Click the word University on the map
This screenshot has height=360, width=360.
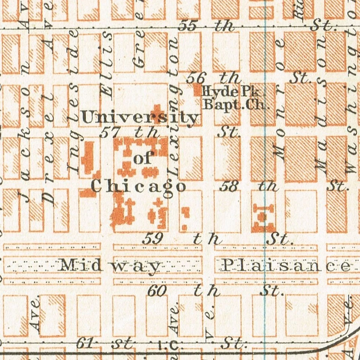coord(139,118)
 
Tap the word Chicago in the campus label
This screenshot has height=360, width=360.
coord(138,186)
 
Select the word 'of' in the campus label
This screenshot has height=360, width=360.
coord(143,159)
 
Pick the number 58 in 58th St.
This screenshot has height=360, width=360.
coord(228,186)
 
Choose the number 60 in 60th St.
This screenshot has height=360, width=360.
coord(157,291)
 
